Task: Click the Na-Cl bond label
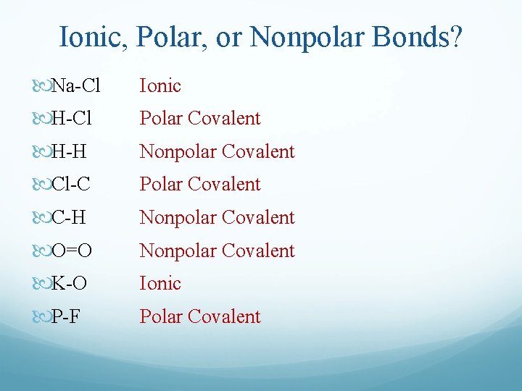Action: click(x=76, y=86)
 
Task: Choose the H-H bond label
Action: click(x=70, y=152)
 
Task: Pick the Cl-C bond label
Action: click(x=71, y=185)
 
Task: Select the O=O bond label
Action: click(x=72, y=251)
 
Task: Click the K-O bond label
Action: click(x=70, y=284)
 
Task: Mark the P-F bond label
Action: click(x=66, y=317)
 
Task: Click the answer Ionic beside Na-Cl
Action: click(x=160, y=86)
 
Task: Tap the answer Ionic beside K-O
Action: click(x=160, y=284)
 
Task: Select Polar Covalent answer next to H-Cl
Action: click(x=199, y=119)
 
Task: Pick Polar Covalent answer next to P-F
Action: click(x=199, y=317)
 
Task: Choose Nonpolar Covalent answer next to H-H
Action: click(x=217, y=152)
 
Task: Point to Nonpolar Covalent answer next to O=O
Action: click(x=217, y=251)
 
